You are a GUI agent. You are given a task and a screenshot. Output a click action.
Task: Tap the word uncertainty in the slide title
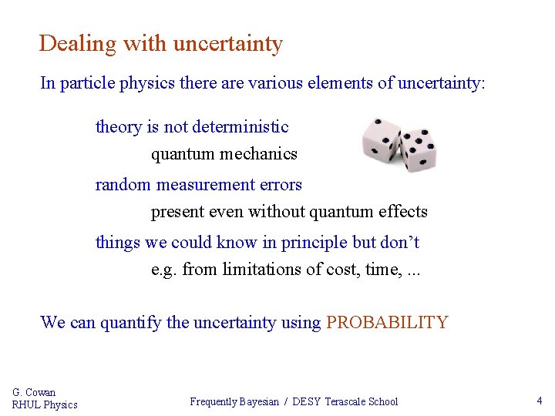pyautogui.click(x=227, y=44)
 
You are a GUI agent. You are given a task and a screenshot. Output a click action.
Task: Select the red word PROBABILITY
pyautogui.click(x=387, y=323)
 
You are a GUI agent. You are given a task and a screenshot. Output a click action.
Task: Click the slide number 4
pyautogui.click(x=540, y=401)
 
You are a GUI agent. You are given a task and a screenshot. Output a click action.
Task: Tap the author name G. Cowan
pyautogui.click(x=34, y=393)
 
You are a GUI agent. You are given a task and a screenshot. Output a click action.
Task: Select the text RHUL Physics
pyautogui.click(x=45, y=405)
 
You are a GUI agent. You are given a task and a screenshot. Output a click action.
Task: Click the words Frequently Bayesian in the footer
pyautogui.click(x=234, y=401)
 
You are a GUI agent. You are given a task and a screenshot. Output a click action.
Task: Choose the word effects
pyautogui.click(x=403, y=212)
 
